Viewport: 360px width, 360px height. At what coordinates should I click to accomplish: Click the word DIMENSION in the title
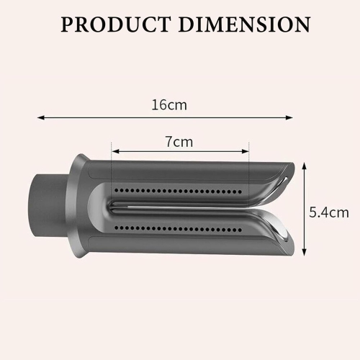point(243,24)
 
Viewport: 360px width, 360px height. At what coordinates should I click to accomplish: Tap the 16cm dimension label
point(169,104)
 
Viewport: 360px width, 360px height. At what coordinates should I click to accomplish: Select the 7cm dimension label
point(179,141)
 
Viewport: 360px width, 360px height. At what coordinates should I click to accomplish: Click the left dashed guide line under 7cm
point(112,173)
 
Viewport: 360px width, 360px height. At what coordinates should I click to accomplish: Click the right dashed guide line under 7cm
point(248,173)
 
